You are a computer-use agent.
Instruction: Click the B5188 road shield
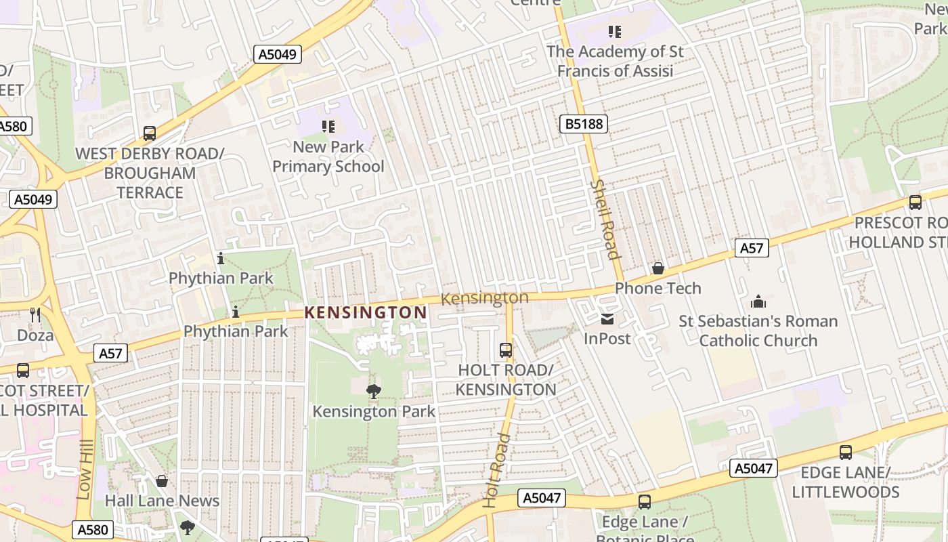click(x=584, y=124)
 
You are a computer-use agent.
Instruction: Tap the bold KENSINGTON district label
click(x=366, y=312)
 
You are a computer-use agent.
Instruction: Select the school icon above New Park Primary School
click(x=328, y=126)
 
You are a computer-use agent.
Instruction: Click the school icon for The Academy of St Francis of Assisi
click(x=615, y=31)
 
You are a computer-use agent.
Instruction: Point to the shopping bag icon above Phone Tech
click(x=658, y=269)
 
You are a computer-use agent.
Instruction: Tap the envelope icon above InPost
click(x=607, y=319)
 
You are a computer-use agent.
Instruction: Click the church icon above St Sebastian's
click(x=758, y=301)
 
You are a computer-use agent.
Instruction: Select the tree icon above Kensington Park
click(x=373, y=391)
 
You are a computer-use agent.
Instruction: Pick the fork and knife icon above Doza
click(x=35, y=315)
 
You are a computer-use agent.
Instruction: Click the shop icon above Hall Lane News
click(x=162, y=481)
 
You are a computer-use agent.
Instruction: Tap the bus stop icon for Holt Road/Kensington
click(x=506, y=350)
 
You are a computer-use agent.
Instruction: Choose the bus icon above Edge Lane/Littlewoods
click(x=846, y=453)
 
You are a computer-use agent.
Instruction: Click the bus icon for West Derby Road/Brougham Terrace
click(x=150, y=133)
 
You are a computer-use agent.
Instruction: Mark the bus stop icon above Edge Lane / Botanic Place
click(x=645, y=502)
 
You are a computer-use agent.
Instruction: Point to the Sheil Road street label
click(x=604, y=219)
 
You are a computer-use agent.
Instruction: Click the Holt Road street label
click(x=496, y=470)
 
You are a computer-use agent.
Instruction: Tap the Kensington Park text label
click(x=374, y=411)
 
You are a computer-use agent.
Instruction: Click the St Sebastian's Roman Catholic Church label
click(x=758, y=331)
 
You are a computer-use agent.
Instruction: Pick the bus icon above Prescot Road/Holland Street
click(x=915, y=203)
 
